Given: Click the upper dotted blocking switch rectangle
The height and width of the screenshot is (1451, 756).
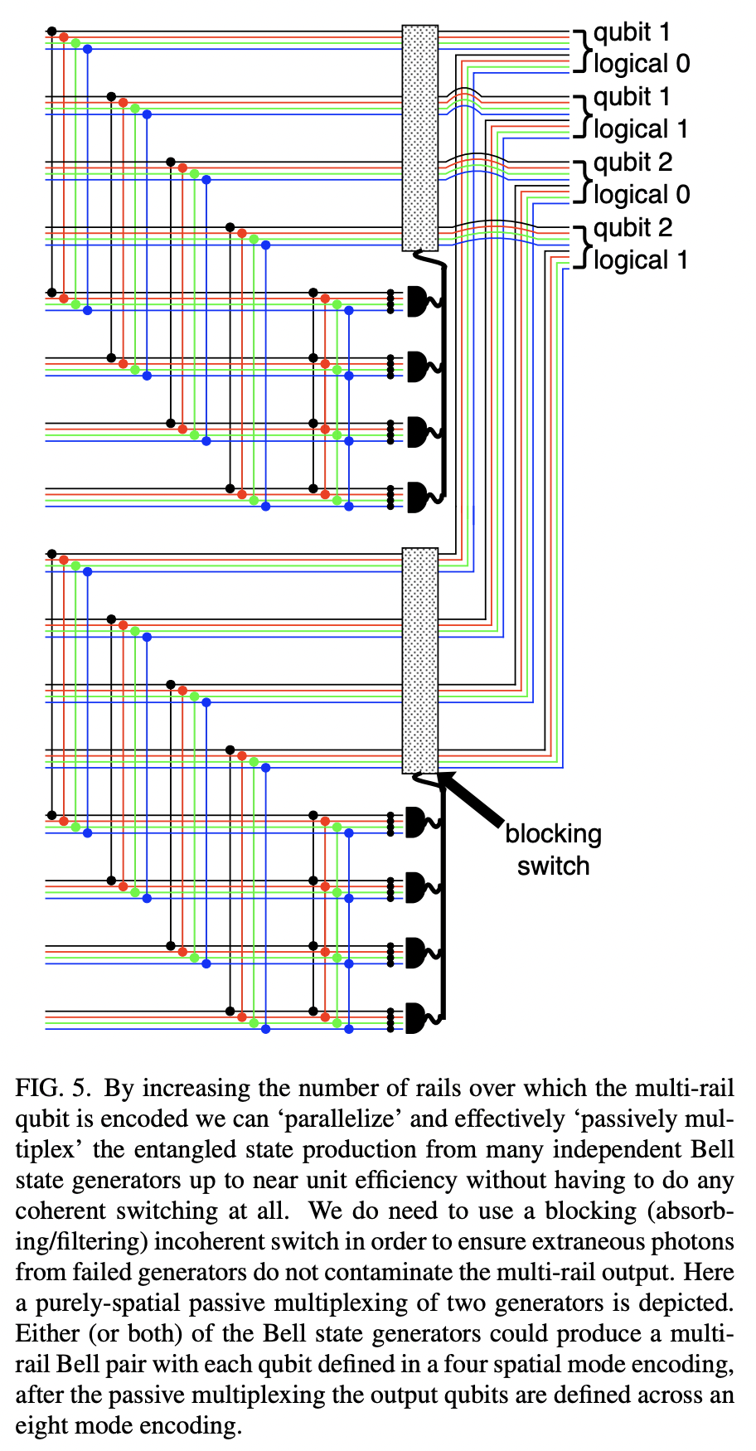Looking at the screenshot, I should (419, 138).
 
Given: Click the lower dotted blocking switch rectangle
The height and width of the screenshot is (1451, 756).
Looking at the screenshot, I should (419, 660).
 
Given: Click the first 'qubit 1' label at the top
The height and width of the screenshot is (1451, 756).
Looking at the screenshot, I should (632, 32).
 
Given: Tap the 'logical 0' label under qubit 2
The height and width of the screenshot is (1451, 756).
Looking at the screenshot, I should (641, 195).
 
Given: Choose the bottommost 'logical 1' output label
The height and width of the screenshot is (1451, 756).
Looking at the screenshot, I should (641, 260).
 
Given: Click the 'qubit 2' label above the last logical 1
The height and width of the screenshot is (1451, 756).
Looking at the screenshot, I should (632, 228).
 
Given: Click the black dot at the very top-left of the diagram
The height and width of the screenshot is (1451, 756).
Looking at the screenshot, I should (51, 32).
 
